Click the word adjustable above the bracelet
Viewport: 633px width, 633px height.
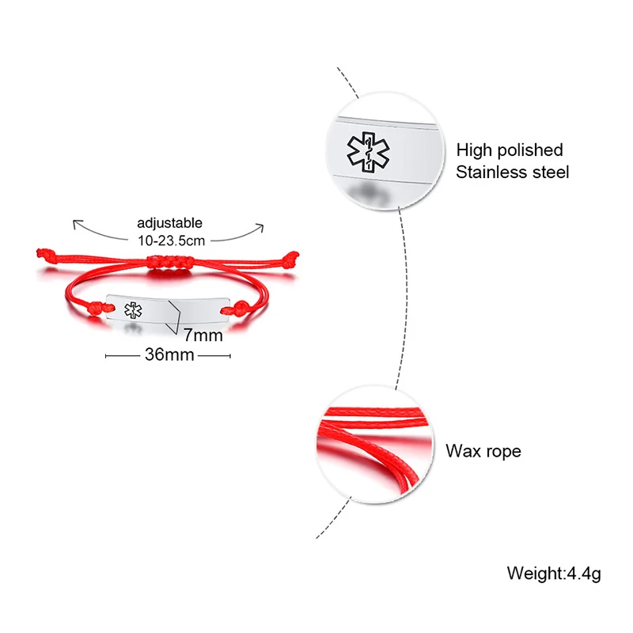coord(169,223)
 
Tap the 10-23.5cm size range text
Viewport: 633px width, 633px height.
coord(169,238)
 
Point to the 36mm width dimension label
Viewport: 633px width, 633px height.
coord(169,354)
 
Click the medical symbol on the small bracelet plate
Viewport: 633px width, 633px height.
coord(132,311)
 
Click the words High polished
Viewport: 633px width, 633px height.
coord(510,150)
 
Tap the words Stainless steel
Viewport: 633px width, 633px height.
coord(512,172)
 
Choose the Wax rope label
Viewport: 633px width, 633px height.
coord(483,452)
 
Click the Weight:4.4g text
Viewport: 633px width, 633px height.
coord(554,572)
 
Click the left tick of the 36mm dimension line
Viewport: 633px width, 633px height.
coord(106,355)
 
